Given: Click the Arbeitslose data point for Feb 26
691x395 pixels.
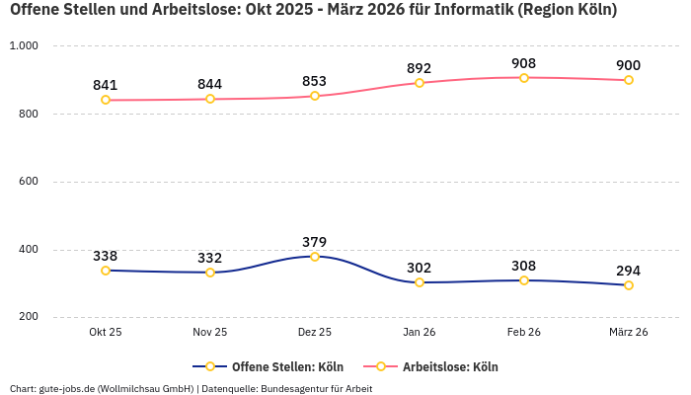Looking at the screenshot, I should click(x=524, y=78).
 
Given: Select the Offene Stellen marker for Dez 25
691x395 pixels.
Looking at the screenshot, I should click(x=315, y=257).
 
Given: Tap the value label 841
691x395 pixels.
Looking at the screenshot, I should click(x=106, y=85).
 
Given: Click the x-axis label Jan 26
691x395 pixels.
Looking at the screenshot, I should click(x=420, y=333).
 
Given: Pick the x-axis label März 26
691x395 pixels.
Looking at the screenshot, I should click(x=629, y=333).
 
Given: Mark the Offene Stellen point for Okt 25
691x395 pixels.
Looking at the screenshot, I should click(x=106, y=271).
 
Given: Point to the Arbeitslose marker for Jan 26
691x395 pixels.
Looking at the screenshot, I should click(x=420, y=83).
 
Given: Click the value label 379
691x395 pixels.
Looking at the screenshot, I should click(x=315, y=242).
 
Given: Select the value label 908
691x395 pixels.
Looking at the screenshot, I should click(x=524, y=63).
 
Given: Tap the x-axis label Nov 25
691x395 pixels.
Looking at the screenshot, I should click(x=210, y=333).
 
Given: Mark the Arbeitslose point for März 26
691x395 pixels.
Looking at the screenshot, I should click(x=629, y=80).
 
